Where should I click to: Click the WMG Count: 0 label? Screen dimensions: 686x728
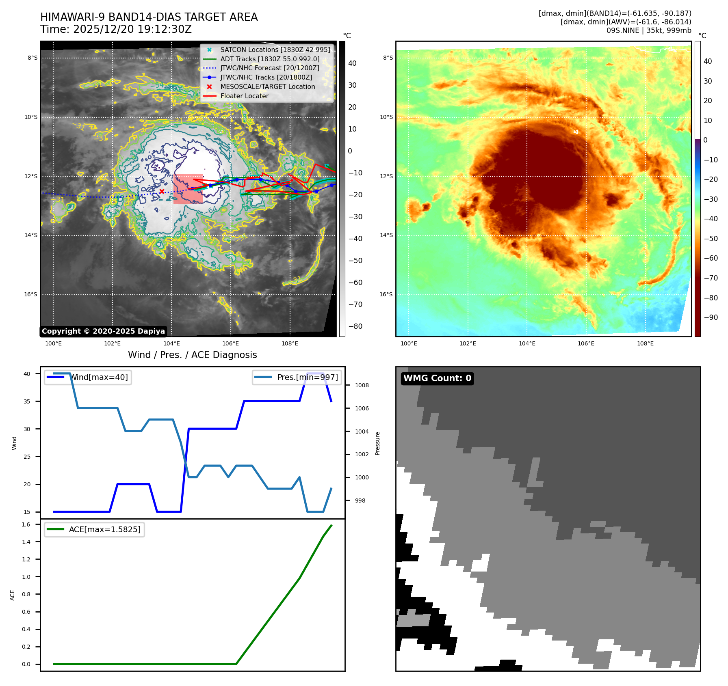[x=437, y=378]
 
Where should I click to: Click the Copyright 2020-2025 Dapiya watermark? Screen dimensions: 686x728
[x=103, y=331]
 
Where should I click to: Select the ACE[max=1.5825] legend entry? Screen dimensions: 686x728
[x=104, y=529]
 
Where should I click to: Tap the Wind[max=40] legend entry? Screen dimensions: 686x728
[x=99, y=377]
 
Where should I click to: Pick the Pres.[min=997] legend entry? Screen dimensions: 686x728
[x=307, y=377]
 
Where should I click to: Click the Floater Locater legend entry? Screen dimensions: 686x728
[x=244, y=96]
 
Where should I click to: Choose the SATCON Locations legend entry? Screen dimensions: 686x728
[x=275, y=50]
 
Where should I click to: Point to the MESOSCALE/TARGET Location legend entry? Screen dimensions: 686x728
[x=267, y=87]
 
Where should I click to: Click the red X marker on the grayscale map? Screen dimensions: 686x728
[x=162, y=191]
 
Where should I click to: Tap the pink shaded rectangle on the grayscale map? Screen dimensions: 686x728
[x=188, y=189]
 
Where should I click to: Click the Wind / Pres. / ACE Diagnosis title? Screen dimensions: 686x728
[x=193, y=355]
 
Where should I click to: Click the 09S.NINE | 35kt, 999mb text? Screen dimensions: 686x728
[x=649, y=30]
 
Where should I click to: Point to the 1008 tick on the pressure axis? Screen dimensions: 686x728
[x=362, y=385]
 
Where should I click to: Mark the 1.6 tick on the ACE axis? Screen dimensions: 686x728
[x=26, y=524]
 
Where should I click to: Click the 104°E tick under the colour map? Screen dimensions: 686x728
[x=527, y=343]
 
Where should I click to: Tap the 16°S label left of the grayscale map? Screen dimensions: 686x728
[x=30, y=294]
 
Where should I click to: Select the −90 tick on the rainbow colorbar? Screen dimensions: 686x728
[x=711, y=317]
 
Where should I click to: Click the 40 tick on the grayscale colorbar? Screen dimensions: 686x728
[x=352, y=63]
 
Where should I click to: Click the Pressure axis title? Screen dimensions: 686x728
[x=378, y=443]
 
